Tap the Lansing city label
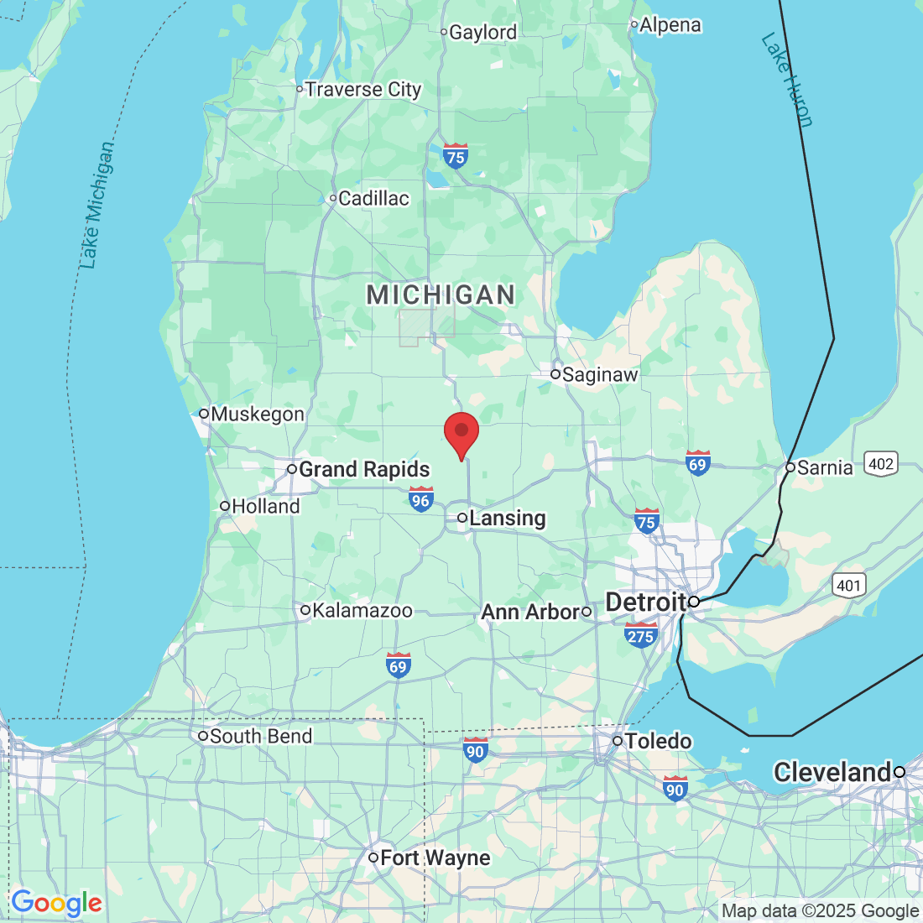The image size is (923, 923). click(x=507, y=519)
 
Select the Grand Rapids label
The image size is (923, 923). click(x=364, y=469)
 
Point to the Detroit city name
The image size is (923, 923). click(x=646, y=602)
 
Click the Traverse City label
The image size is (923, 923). click(x=362, y=89)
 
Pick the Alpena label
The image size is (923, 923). click(x=670, y=25)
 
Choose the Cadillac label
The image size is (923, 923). click(x=373, y=199)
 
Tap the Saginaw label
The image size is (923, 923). click(x=600, y=374)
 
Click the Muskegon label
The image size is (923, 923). click(x=258, y=414)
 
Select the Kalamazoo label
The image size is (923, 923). click(x=362, y=611)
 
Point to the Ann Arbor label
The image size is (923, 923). click(x=530, y=613)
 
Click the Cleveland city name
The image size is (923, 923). click(x=832, y=772)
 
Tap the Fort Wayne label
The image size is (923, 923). click(x=435, y=858)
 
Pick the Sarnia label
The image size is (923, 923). click(x=825, y=467)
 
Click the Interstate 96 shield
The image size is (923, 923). click(x=420, y=499)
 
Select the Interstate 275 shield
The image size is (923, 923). click(x=640, y=635)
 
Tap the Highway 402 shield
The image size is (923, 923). click(x=881, y=464)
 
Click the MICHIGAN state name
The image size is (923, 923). click(x=441, y=295)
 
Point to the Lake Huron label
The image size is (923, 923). click(x=787, y=80)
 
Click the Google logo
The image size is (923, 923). click(x=56, y=904)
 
